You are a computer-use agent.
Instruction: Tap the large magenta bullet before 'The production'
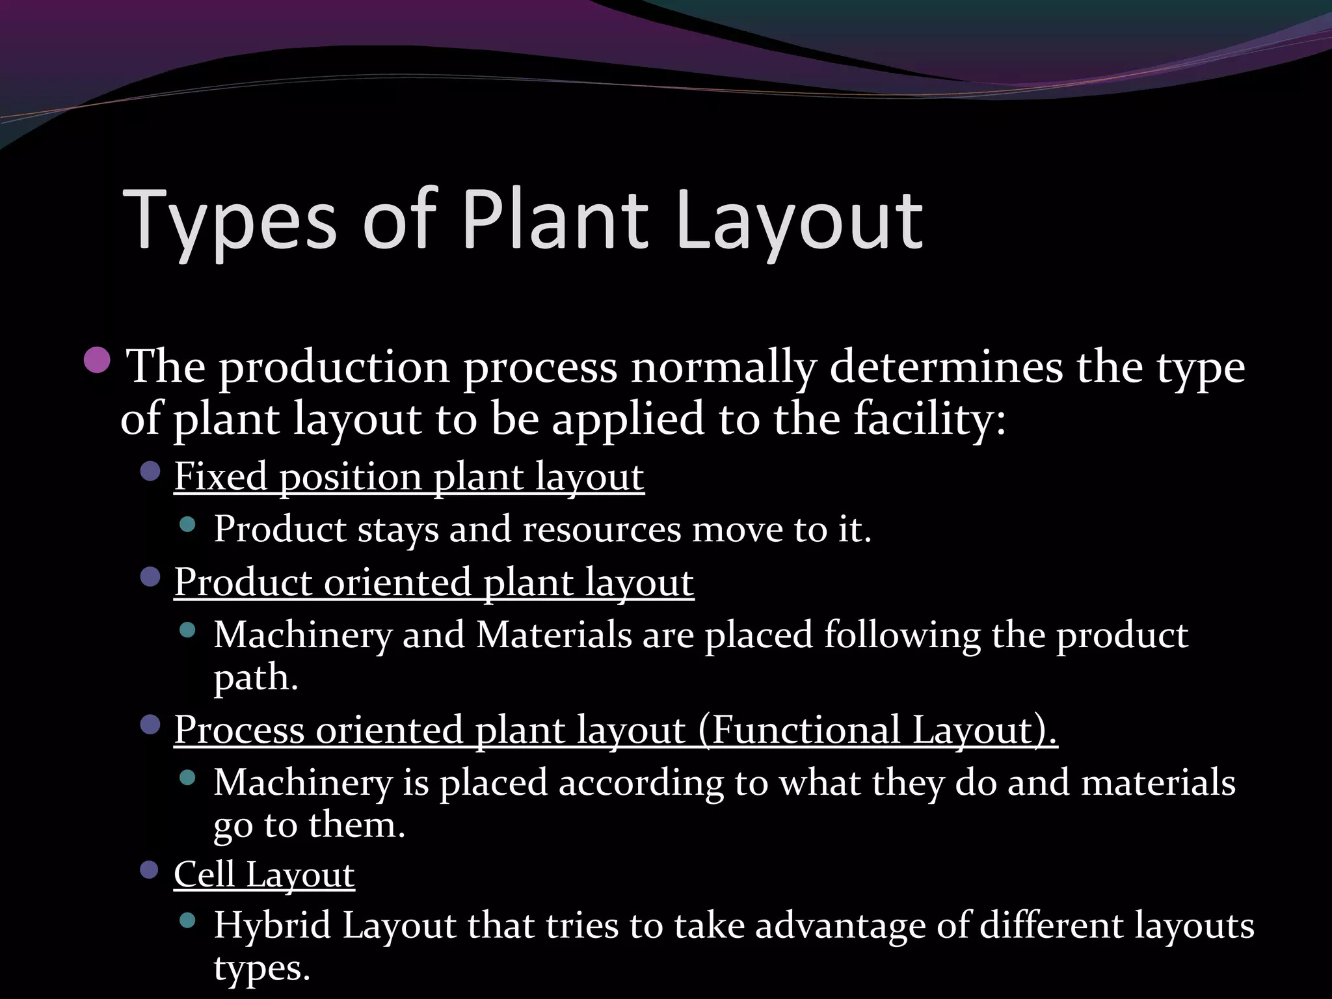point(98,360)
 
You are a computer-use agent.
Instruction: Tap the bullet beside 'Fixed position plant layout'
point(150,472)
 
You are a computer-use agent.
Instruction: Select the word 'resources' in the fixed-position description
point(602,529)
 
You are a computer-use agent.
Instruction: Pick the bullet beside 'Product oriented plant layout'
point(150,577)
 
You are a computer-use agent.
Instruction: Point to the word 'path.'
point(256,678)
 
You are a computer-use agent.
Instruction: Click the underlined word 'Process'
point(239,730)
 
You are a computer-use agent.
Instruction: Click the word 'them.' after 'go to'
point(357,825)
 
